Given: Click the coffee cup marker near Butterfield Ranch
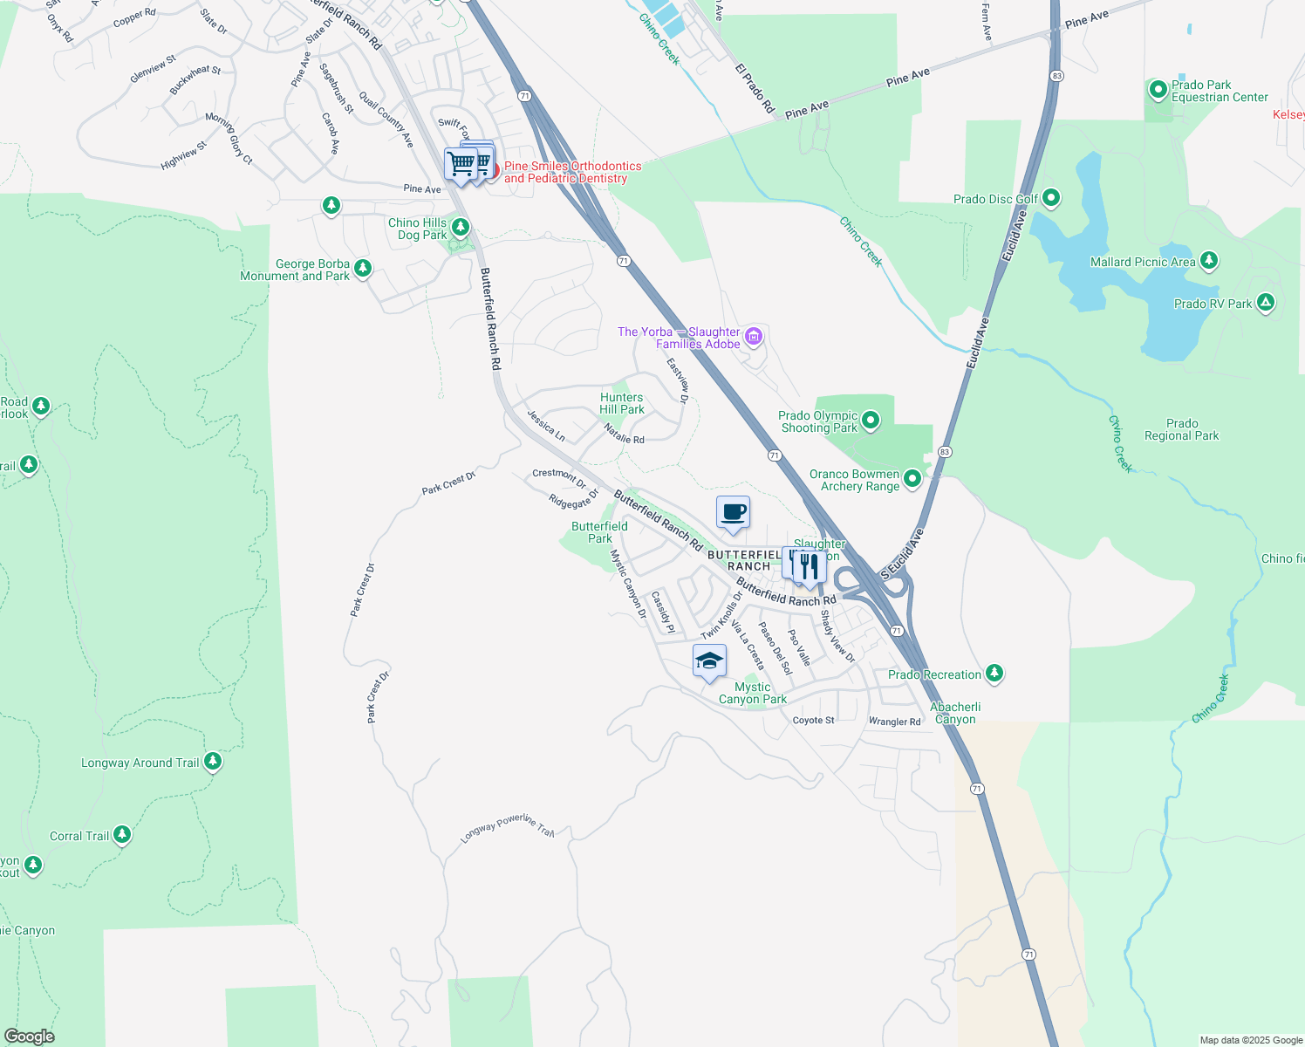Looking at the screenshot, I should (733, 512).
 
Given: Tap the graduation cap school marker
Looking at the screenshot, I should (709, 661).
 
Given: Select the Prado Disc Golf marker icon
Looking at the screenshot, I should (1051, 198).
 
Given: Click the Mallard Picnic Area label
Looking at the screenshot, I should (1143, 262).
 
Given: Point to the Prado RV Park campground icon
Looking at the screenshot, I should (1266, 303).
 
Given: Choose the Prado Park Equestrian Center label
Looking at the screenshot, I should (1220, 91).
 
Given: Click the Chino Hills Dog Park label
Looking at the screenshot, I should (417, 229).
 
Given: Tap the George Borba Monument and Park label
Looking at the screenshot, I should (295, 270).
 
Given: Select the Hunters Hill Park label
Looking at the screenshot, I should (621, 403).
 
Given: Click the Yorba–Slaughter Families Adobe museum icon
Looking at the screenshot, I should (754, 336).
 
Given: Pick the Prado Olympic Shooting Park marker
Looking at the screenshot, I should (870, 422).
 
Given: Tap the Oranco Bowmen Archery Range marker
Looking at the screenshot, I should (912, 478).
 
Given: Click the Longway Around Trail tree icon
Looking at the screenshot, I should (212, 762).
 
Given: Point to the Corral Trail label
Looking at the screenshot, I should (79, 836).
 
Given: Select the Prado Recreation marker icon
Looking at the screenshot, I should (994, 674).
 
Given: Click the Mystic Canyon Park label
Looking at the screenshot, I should (752, 693).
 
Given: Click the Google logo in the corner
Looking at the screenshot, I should (30, 1037).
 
